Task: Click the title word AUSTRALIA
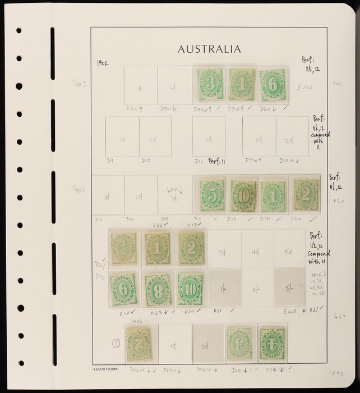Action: pos(209,49)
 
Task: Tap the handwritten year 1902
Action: pos(103,65)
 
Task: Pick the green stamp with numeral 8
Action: pos(158,290)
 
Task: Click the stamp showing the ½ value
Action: pos(123,248)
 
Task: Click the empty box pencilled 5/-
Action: pos(290,287)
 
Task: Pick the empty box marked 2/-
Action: pos(257,287)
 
